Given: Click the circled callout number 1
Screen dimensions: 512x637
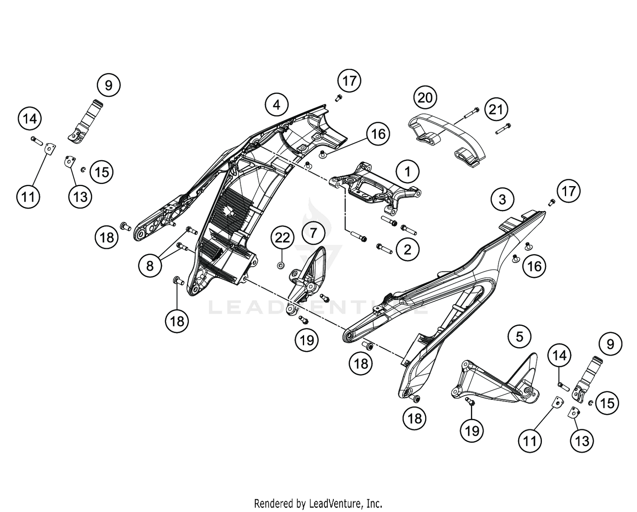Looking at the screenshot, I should [x=407, y=172].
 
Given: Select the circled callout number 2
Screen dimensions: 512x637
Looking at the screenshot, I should [x=407, y=249].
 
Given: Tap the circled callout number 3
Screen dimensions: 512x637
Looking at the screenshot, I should [x=502, y=199].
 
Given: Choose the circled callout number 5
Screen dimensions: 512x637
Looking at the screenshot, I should [x=519, y=337].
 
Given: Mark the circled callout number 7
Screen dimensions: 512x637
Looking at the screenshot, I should [x=313, y=233].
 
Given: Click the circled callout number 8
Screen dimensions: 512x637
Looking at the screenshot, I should [x=149, y=266].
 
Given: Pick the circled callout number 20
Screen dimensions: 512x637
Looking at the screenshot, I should [x=425, y=98].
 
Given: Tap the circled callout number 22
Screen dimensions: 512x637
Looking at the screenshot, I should [x=282, y=238].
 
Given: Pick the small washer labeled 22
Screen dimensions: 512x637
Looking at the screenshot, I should [x=281, y=266].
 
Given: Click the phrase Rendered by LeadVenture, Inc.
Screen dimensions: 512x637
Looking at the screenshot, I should [x=318, y=504].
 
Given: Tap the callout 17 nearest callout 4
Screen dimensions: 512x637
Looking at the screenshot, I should [x=349, y=81].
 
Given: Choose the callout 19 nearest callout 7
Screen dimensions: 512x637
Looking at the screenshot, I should [x=307, y=340].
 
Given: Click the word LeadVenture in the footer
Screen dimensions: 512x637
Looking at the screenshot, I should [x=337, y=504].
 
